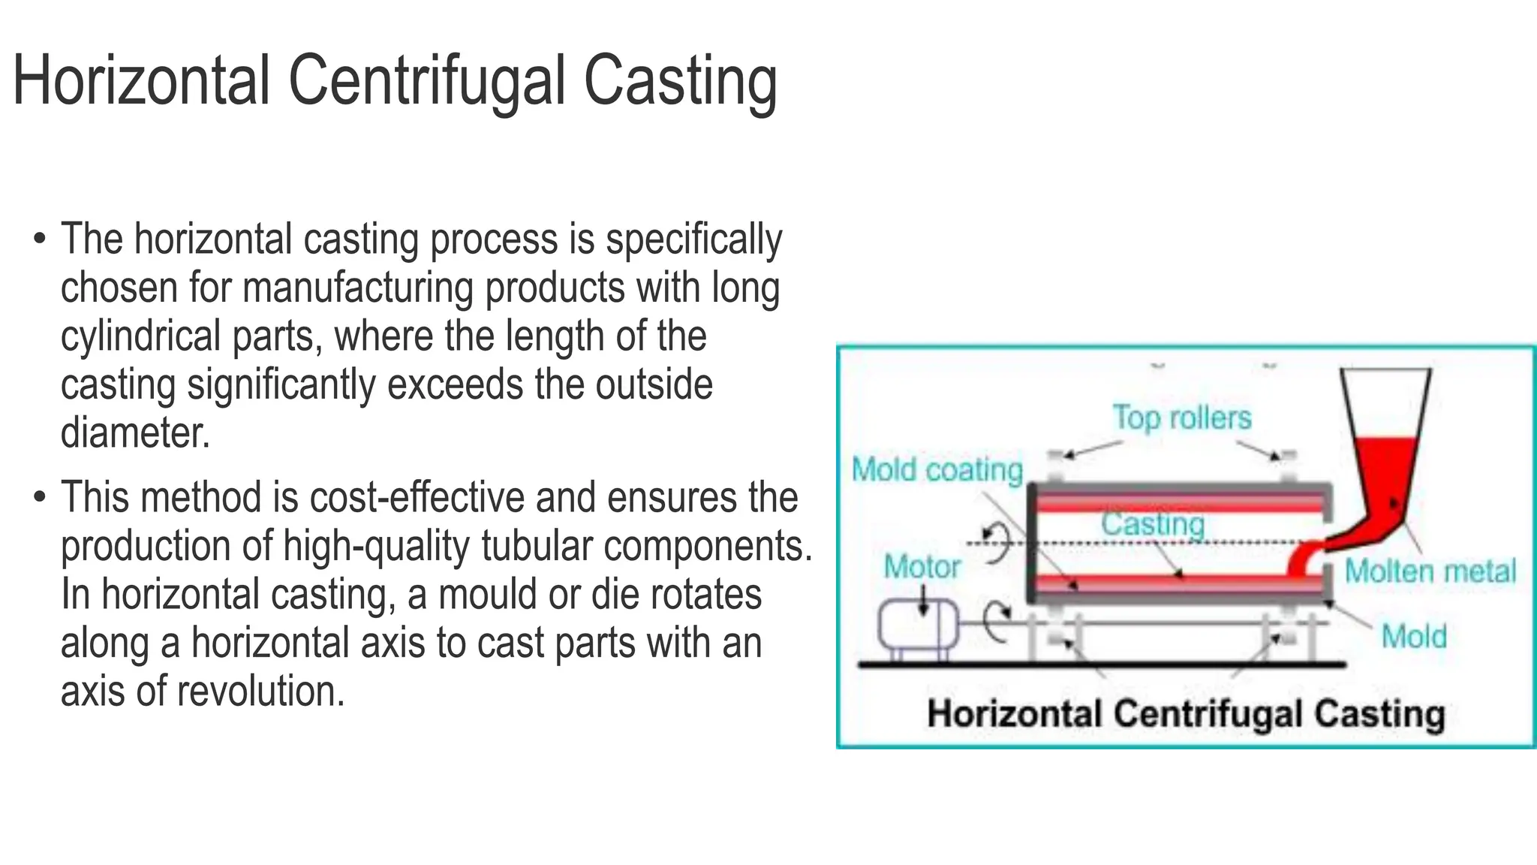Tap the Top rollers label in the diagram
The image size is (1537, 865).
[x=1182, y=417]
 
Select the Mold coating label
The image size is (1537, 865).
[x=937, y=470]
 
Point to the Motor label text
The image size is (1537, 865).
[x=922, y=567]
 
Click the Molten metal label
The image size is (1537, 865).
[x=1430, y=571]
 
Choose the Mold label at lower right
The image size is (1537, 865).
[x=1414, y=637]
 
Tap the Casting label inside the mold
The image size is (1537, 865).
[x=1153, y=524]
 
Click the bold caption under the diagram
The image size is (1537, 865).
[x=1186, y=713]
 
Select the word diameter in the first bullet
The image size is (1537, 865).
[x=134, y=433]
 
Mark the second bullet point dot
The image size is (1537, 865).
[x=39, y=497]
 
